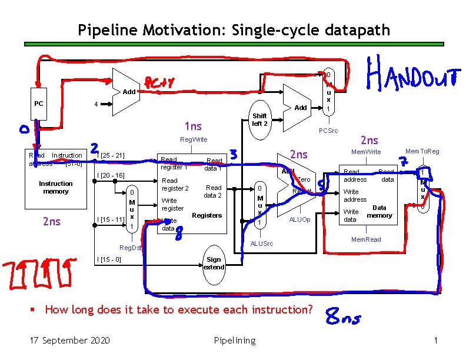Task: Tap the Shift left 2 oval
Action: pyautogui.click(x=259, y=120)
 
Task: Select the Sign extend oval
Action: pyautogui.click(x=214, y=263)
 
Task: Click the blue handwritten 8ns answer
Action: pyautogui.click(x=344, y=318)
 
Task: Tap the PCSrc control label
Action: pyautogui.click(x=328, y=131)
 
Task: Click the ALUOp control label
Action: pyautogui.click(x=299, y=219)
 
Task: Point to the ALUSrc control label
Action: pyautogui.click(x=262, y=243)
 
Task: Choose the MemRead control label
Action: pyautogui.click(x=366, y=239)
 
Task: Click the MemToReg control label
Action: pyautogui.click(x=422, y=152)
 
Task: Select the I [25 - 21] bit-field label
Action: pyautogui.click(x=111, y=155)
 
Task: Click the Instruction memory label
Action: pyautogui.click(x=56, y=187)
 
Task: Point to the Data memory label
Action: pyautogui.click(x=380, y=211)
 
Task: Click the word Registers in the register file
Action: pyautogui.click(x=207, y=215)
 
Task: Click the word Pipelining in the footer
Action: pyautogui.click(x=234, y=340)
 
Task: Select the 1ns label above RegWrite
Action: pyautogui.click(x=192, y=126)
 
